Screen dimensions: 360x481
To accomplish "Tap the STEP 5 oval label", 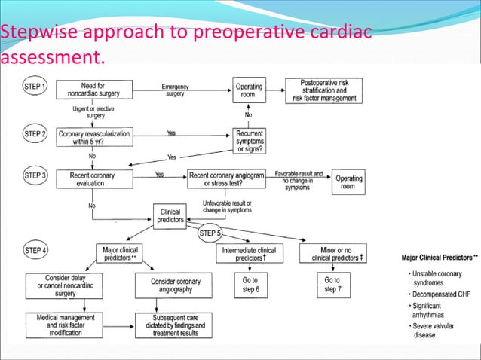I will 210,233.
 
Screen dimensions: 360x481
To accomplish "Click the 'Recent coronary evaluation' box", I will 92,178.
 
